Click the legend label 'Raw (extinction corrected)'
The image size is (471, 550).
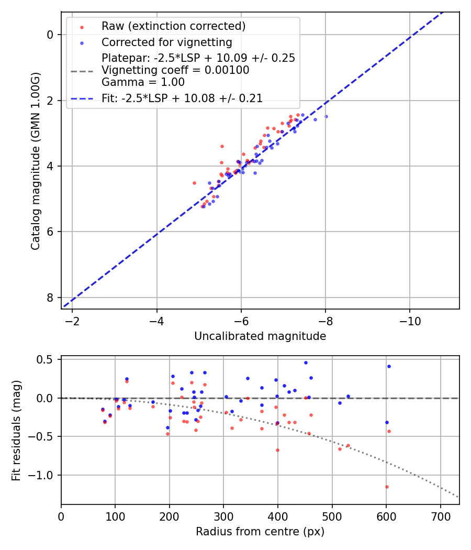tap(173, 26)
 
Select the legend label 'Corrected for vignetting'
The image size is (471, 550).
tap(166, 42)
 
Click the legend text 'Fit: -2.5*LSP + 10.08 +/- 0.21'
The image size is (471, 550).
tap(182, 98)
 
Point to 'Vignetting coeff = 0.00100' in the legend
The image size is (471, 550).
tap(175, 70)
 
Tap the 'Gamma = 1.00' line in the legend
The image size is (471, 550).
tap(143, 82)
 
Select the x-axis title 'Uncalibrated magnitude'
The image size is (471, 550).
tap(260, 336)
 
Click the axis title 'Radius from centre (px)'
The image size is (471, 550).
tap(260, 532)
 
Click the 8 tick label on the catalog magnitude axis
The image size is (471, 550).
tap(50, 298)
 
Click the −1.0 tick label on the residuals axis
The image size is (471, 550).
tap(42, 475)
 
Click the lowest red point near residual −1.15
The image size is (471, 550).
tap(387, 487)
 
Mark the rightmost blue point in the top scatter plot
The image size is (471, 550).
tap(326, 116)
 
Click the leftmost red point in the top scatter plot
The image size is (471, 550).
tap(194, 183)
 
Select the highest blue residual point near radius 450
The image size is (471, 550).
tap(306, 362)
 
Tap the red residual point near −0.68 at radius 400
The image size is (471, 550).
tap(277, 450)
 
